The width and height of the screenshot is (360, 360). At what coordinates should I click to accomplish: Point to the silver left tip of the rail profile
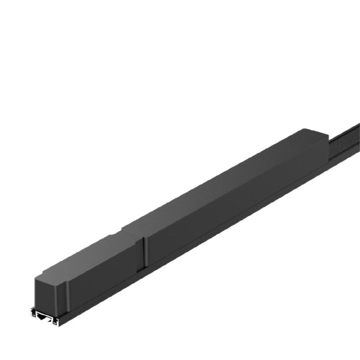point(32,314)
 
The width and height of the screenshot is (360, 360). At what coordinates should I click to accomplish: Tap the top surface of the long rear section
point(222,177)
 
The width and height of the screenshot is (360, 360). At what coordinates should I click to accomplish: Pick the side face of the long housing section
point(233,205)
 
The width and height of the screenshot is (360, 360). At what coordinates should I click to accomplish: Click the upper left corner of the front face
point(36,277)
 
